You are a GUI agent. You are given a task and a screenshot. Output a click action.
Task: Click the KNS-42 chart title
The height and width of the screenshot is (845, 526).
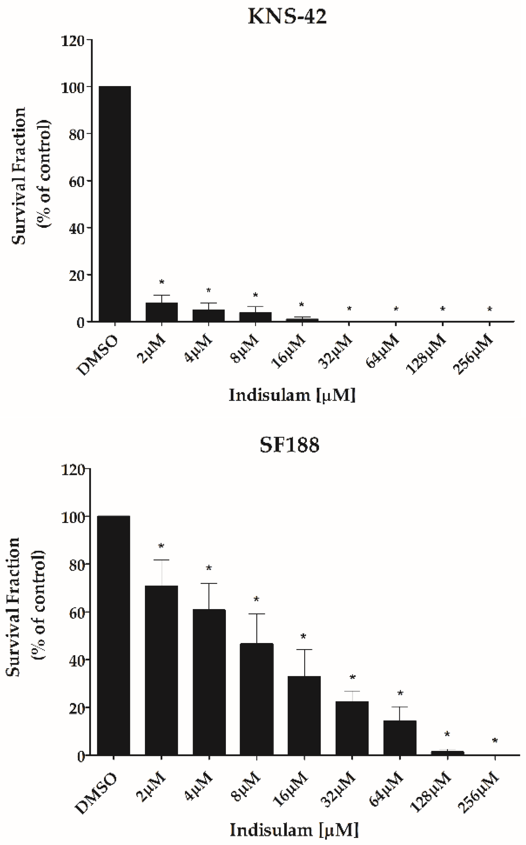click(x=287, y=16)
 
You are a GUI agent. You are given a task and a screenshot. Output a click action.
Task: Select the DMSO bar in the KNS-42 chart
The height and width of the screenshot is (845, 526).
click(x=115, y=204)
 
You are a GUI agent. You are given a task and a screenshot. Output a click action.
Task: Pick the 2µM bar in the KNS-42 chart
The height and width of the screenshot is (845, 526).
click(x=162, y=312)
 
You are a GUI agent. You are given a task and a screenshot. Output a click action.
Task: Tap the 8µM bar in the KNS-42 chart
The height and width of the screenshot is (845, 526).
click(x=255, y=317)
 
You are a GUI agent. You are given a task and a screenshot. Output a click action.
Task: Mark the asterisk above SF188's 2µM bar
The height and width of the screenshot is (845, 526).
click(x=161, y=546)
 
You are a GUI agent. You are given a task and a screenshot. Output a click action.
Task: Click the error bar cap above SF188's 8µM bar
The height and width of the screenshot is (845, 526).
click(x=257, y=614)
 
